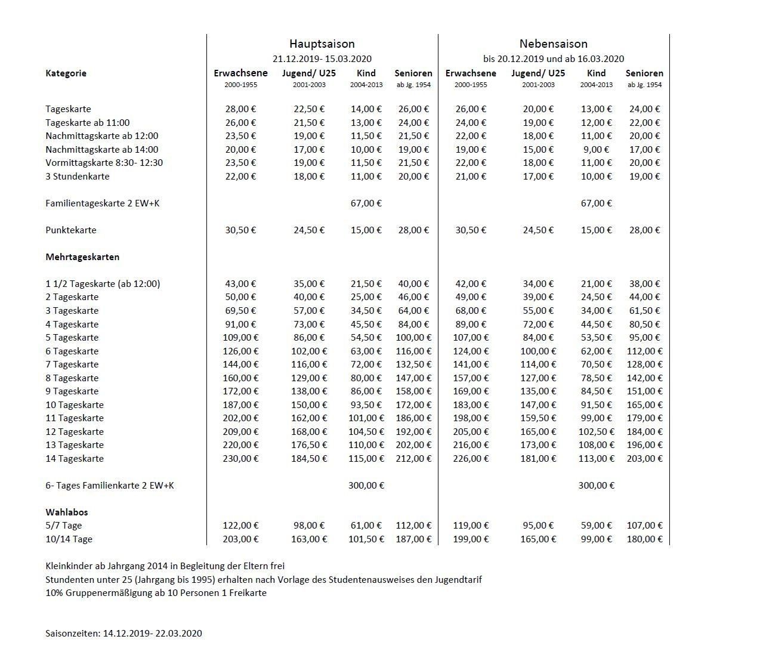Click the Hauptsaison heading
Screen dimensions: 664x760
pos(322,44)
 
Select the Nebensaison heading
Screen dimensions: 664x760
pos(553,44)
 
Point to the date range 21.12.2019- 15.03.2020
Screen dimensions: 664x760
pos(322,58)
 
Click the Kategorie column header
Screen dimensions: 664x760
pos(66,73)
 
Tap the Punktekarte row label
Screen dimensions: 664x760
pos(70,230)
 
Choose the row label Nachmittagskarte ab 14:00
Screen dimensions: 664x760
pos(101,150)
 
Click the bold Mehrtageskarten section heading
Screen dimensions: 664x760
pos(82,257)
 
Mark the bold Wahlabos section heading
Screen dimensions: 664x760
pos(66,512)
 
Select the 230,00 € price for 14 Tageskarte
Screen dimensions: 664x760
pos(240,459)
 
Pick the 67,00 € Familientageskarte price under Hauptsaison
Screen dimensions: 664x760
pos(366,203)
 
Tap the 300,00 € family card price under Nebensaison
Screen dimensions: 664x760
pos(596,486)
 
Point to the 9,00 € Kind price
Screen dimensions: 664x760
pos(596,150)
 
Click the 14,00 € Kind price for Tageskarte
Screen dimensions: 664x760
pos(366,109)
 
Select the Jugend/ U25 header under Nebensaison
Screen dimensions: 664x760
pos(537,73)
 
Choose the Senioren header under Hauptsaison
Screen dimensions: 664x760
pos(413,73)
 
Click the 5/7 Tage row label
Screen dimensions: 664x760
pos(63,526)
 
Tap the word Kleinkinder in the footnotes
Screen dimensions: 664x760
pos(67,566)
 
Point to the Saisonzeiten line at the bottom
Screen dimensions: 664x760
pos(123,633)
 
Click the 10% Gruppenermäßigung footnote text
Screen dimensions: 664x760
pos(156,593)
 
